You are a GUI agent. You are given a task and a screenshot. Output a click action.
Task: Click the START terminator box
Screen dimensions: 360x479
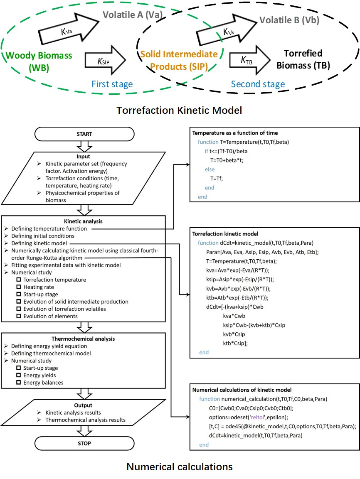tap(84, 134)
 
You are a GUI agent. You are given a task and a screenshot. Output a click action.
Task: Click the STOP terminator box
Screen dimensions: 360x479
tap(84, 443)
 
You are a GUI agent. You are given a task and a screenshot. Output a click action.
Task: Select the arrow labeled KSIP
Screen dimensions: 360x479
tap(105, 60)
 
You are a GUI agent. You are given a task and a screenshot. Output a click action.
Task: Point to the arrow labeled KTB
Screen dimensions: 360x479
tap(249, 60)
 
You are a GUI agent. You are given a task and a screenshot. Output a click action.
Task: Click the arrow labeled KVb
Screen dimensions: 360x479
tap(226, 29)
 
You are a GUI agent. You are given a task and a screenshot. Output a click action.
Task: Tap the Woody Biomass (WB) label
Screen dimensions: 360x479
tap(39, 61)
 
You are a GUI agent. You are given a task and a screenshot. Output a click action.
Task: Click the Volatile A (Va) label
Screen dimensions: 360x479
tap(133, 15)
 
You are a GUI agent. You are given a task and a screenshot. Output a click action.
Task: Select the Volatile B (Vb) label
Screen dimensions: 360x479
tap(289, 20)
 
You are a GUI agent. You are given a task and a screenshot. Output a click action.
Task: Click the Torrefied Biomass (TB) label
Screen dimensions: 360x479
tap(303, 59)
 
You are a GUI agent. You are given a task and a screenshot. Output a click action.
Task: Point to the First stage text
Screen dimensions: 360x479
tap(112, 84)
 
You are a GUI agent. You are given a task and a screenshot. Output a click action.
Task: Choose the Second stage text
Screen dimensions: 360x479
tap(258, 84)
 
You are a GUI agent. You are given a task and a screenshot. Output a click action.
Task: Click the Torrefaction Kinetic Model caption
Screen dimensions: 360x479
tap(180, 110)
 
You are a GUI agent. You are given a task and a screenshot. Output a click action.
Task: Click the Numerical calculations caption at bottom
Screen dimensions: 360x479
tap(180, 467)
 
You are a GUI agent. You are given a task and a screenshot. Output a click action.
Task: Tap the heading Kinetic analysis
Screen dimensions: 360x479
tap(83, 221)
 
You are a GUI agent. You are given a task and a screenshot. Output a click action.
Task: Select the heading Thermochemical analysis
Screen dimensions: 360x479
tap(83, 339)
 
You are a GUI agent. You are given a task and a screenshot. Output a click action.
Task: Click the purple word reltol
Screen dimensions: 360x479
tap(257, 417)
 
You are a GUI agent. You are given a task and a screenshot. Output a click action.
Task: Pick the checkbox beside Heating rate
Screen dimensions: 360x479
tap(19, 287)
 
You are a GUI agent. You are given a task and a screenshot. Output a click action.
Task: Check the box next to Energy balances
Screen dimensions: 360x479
tap(19, 383)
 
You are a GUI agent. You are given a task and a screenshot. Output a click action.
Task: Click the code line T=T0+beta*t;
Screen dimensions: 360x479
tap(227, 160)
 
